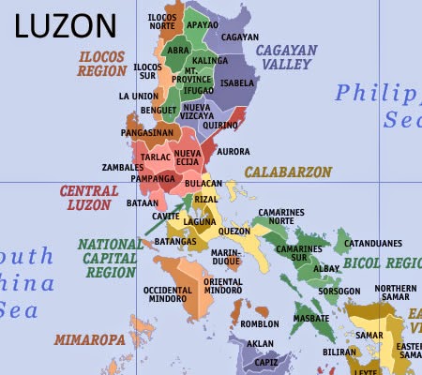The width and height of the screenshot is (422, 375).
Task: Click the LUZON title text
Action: tap(67, 25)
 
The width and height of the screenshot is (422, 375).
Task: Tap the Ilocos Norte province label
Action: tap(168, 22)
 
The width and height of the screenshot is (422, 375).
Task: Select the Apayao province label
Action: tap(203, 24)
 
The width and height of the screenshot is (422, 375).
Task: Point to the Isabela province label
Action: tap(236, 82)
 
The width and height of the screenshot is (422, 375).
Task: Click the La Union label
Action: tap(138, 96)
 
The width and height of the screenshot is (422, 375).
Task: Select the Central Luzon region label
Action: tap(89, 197)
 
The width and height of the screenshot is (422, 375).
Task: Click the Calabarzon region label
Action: tap(288, 172)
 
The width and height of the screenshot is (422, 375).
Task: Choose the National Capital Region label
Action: tap(109, 258)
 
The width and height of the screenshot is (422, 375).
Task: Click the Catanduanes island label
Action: tap(373, 244)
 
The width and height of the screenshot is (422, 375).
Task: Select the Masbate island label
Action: tap(311, 318)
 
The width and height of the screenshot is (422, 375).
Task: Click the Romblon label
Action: tap(260, 324)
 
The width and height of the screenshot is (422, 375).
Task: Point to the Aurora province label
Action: tap(233, 151)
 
